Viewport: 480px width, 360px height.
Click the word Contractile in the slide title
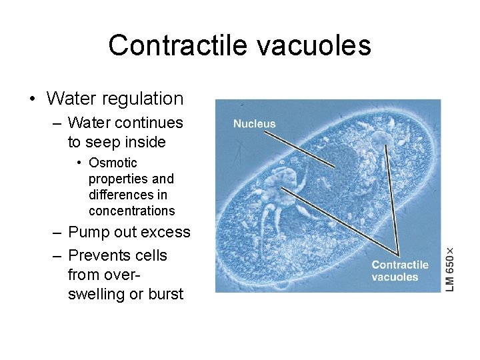[175, 45]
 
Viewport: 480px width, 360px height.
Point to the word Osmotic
[113, 163]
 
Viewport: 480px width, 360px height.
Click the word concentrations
[131, 211]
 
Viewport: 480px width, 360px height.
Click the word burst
[165, 294]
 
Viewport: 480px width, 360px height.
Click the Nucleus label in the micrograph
[254, 124]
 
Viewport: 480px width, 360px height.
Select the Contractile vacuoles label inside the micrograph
[400, 271]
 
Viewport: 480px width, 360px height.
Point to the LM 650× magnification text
[450, 269]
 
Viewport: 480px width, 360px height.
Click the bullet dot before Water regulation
[32, 100]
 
